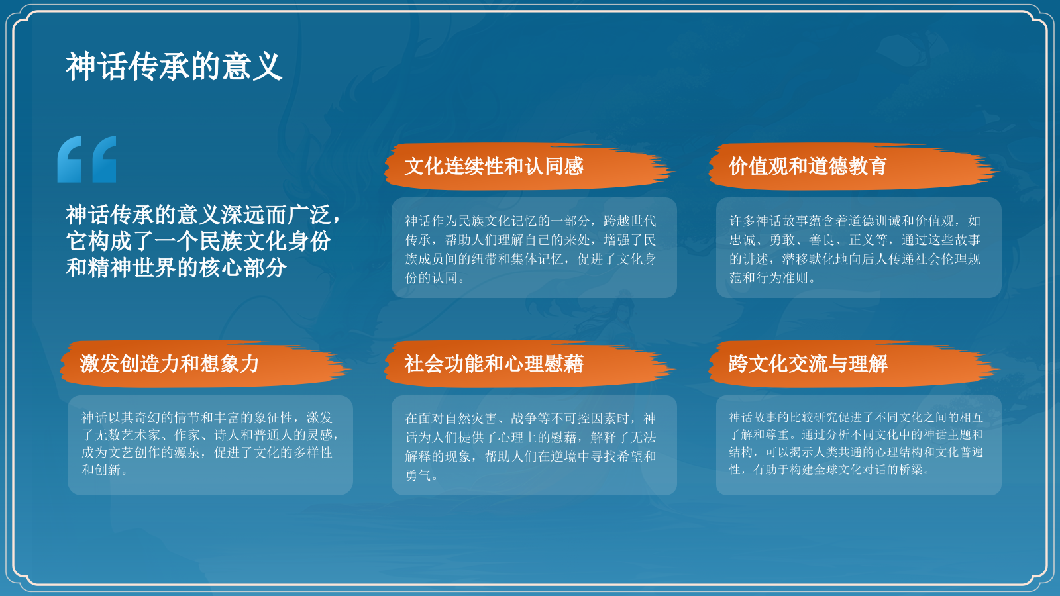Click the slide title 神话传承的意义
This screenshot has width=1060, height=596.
point(174,67)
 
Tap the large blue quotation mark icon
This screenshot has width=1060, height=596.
point(87,160)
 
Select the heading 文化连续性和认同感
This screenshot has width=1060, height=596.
point(494,166)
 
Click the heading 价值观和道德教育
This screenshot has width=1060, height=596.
point(808,166)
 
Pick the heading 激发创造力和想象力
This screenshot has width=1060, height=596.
point(169,364)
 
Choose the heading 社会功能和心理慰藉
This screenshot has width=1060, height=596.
point(494,364)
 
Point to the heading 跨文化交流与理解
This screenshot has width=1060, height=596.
point(808,364)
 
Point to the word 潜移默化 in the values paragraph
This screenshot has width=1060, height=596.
point(808,259)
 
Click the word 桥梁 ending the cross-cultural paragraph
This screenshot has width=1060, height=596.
point(911,470)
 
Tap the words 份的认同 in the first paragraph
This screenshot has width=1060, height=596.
point(431,278)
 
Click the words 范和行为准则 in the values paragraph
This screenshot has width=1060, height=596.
point(768,278)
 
